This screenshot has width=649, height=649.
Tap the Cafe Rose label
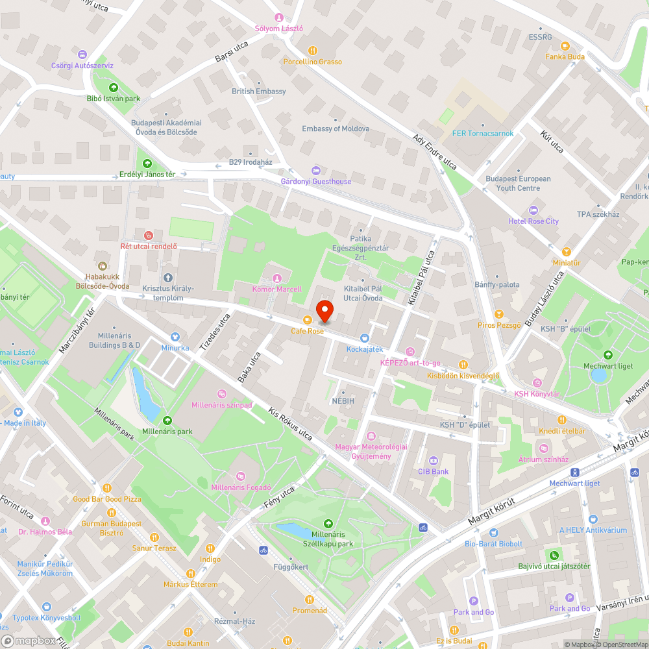click(x=307, y=331)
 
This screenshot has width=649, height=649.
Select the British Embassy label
click(x=259, y=92)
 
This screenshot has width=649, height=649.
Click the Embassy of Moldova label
click(x=336, y=129)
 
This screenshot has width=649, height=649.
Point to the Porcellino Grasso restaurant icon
click(x=312, y=50)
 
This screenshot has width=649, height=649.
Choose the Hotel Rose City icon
click(x=533, y=210)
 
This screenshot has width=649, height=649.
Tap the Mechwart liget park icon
click(x=607, y=355)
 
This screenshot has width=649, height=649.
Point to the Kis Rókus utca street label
click(x=290, y=424)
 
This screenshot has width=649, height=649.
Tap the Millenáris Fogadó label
click(x=241, y=487)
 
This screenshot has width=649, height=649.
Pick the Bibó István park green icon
click(x=114, y=88)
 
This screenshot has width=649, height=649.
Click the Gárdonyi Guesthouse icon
click(x=316, y=170)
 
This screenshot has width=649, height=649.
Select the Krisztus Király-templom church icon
click(x=168, y=277)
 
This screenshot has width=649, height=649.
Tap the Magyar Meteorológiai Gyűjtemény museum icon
click(x=371, y=435)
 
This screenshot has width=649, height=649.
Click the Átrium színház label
click(x=543, y=459)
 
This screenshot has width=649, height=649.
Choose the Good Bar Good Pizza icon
click(x=107, y=488)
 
